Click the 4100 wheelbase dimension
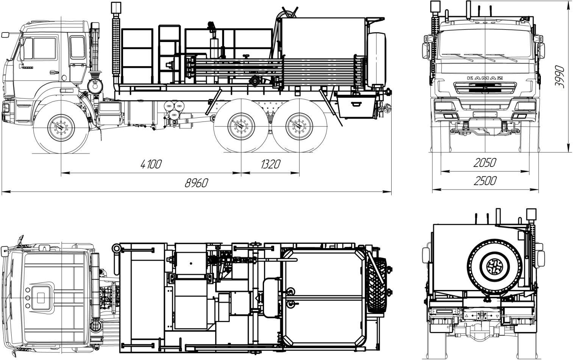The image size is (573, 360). click(x=151, y=164)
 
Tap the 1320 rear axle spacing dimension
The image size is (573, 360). click(x=271, y=164)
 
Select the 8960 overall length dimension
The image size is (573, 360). click(x=197, y=183)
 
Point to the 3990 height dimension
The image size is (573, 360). click(x=560, y=77)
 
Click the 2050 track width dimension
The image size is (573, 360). click(x=485, y=163)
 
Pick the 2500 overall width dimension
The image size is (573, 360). click(x=485, y=181)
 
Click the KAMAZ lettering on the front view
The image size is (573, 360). click(x=485, y=78)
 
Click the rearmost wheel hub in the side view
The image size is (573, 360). click(x=299, y=126)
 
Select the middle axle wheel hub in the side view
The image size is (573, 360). click(x=241, y=126)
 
